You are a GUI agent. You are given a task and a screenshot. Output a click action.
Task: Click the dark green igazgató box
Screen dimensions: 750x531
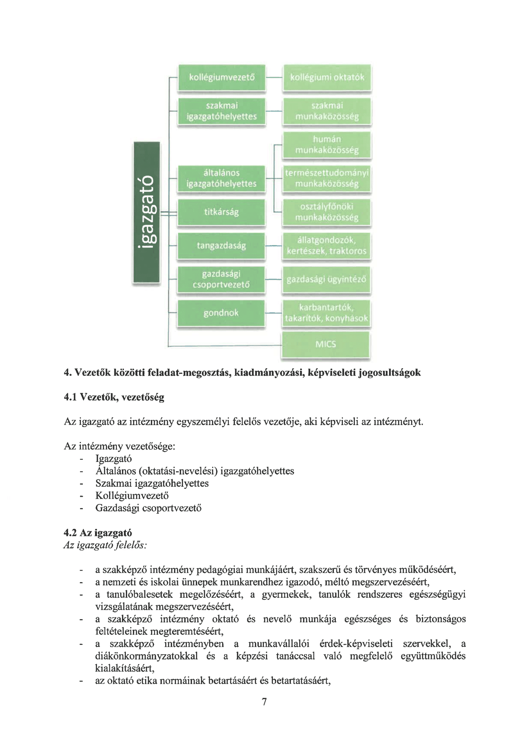[147, 212]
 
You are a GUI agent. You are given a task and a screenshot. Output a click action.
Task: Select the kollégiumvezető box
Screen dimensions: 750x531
[222, 77]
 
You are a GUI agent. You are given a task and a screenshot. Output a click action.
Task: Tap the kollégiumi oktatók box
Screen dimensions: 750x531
[327, 77]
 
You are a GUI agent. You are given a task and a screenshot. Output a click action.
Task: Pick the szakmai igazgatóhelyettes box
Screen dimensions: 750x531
[222, 111]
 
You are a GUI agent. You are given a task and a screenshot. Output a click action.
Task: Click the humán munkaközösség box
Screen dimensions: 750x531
[327, 145]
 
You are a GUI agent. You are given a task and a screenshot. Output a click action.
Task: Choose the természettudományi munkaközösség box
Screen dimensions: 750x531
[327, 178]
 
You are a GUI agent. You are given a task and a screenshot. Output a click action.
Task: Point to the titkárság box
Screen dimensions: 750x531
[222, 212]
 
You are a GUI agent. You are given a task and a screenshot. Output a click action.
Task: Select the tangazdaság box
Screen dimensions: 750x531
[222, 246]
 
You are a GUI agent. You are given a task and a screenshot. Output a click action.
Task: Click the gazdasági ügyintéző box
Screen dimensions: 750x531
[326, 279]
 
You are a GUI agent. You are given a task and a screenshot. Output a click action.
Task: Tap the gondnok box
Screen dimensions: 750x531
[221, 313]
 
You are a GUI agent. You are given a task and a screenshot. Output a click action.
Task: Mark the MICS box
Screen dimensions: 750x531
[326, 344]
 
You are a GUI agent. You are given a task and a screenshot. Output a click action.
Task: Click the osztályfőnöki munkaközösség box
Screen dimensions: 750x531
[327, 212]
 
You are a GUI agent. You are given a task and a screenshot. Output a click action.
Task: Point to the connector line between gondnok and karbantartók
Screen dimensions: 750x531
[273, 313]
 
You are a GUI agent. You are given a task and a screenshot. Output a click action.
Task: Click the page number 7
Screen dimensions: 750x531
[265, 701]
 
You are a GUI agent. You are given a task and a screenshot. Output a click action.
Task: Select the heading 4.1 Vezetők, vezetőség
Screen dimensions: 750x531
[114, 397]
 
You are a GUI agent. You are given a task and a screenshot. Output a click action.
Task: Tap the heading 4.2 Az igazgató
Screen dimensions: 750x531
[98, 533]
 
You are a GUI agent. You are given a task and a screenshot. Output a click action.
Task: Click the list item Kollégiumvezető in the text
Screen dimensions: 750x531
[132, 496]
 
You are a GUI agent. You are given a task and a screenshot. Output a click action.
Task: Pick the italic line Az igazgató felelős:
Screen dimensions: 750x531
[105, 545]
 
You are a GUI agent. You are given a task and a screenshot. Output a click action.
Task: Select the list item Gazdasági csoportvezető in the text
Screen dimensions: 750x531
[148, 508]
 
